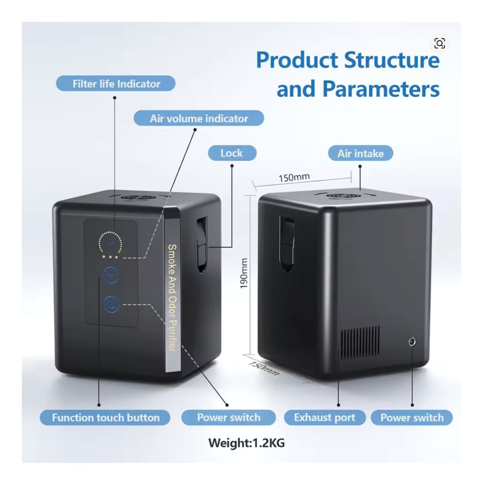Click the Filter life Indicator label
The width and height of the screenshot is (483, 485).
point(116,84)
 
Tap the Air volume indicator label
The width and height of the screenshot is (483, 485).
point(199,118)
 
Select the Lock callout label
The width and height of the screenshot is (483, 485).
point(231,153)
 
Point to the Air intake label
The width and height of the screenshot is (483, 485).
point(360,153)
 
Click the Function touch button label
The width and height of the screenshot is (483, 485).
point(105,418)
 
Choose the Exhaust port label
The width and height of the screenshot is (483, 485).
point(325,418)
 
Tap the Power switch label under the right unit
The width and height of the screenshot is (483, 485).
point(412,418)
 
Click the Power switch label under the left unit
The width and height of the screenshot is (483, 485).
point(228,418)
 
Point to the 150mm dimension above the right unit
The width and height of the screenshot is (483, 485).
point(294,178)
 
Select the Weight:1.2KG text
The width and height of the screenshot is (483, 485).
point(246,443)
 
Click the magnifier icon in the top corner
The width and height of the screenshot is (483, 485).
point(439,44)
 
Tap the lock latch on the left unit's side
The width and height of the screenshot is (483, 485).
point(202,244)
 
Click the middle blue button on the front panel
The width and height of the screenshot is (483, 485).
point(111,275)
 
